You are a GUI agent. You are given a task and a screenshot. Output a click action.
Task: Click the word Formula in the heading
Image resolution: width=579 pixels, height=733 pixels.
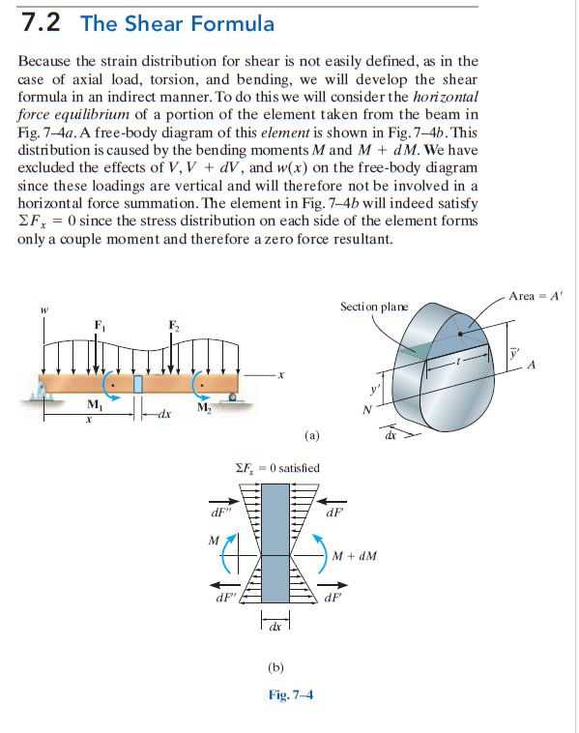229,24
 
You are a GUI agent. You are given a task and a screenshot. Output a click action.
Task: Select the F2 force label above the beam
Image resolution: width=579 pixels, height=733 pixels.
173,324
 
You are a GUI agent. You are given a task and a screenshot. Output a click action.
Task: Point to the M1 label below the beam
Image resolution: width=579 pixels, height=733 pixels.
93,404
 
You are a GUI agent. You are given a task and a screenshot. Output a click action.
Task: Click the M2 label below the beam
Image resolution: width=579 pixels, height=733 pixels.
202,404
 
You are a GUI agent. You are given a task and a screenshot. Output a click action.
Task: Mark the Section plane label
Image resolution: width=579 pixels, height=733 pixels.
374,307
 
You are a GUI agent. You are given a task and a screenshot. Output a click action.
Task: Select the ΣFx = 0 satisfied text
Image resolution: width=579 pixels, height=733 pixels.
277,468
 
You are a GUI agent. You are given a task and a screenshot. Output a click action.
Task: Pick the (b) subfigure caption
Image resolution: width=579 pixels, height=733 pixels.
276,667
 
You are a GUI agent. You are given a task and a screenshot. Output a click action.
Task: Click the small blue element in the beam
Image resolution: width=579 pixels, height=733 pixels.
137,382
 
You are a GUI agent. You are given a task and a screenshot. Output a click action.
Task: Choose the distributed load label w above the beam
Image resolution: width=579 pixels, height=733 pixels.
43,310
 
